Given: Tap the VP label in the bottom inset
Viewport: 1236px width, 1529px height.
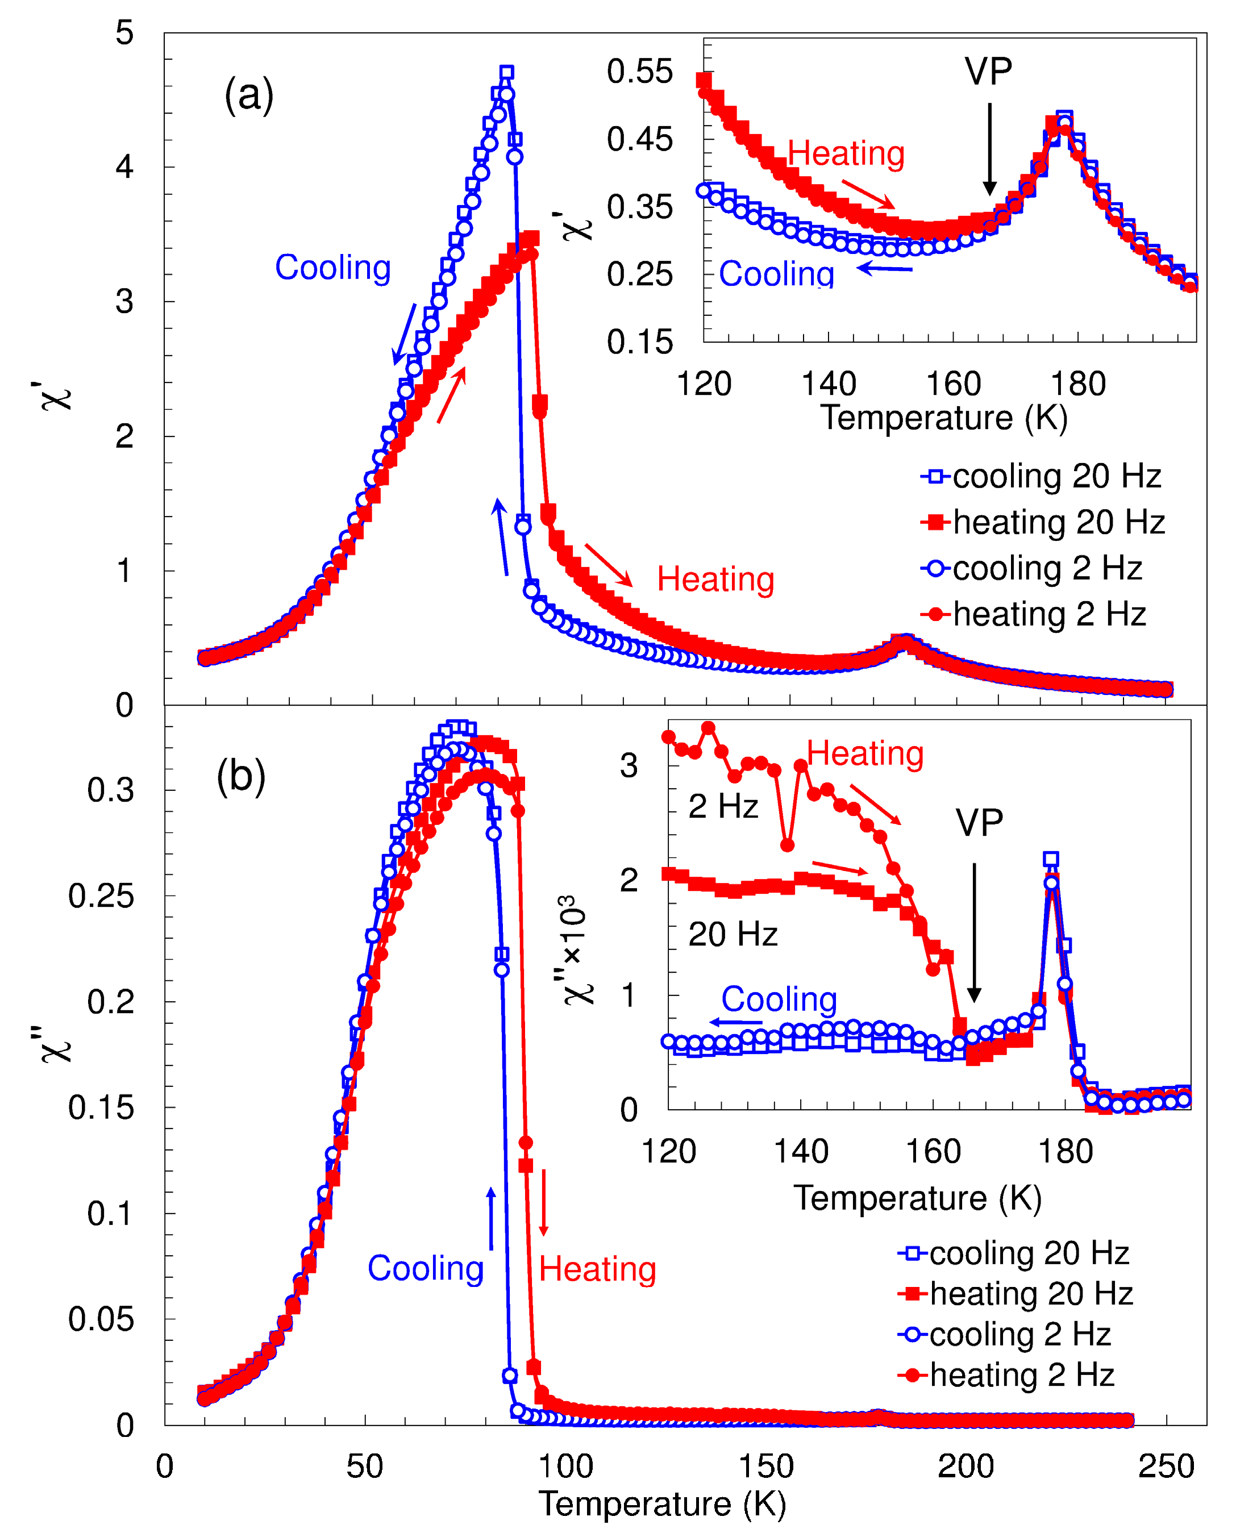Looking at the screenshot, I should point(979,823).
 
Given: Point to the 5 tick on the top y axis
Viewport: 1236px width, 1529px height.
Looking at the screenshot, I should point(124,33).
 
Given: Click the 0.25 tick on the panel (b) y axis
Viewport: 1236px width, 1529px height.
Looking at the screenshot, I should point(101,895).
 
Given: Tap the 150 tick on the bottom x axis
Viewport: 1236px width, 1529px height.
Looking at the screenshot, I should point(765,1466).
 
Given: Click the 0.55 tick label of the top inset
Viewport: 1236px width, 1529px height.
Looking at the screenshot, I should point(639,72).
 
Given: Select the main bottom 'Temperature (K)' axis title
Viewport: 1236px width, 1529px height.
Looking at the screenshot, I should point(662,1504).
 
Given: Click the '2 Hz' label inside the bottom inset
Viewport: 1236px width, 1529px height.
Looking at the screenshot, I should point(723,806).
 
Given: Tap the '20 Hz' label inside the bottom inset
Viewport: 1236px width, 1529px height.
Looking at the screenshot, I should point(733,934).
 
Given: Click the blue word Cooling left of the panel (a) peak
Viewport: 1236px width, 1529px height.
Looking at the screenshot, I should point(332,268).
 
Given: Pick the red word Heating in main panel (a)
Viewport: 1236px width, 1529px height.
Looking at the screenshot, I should point(715,580).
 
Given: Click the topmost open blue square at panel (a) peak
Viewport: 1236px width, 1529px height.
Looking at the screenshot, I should point(506,73).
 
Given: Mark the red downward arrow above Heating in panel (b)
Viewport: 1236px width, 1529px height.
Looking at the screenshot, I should point(543,1202).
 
